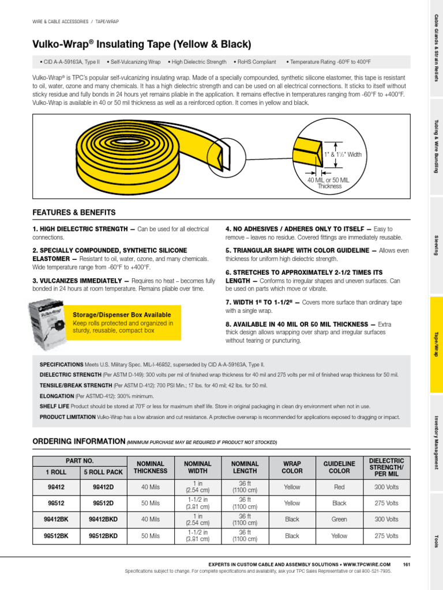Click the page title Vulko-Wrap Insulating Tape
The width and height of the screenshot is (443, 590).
142,44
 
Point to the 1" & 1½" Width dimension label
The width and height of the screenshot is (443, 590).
343,154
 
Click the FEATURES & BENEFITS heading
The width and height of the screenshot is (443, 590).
74,213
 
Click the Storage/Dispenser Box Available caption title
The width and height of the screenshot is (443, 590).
122,315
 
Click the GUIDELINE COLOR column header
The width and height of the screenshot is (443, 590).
339,467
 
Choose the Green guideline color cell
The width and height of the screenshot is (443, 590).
339,519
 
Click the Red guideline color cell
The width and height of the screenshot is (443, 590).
339,487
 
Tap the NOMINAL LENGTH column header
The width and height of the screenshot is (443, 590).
245,467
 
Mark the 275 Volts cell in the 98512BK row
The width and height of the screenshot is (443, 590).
386,535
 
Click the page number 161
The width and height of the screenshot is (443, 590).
406,564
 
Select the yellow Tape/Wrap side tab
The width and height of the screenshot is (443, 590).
436,345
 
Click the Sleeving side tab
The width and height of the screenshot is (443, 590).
436,245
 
